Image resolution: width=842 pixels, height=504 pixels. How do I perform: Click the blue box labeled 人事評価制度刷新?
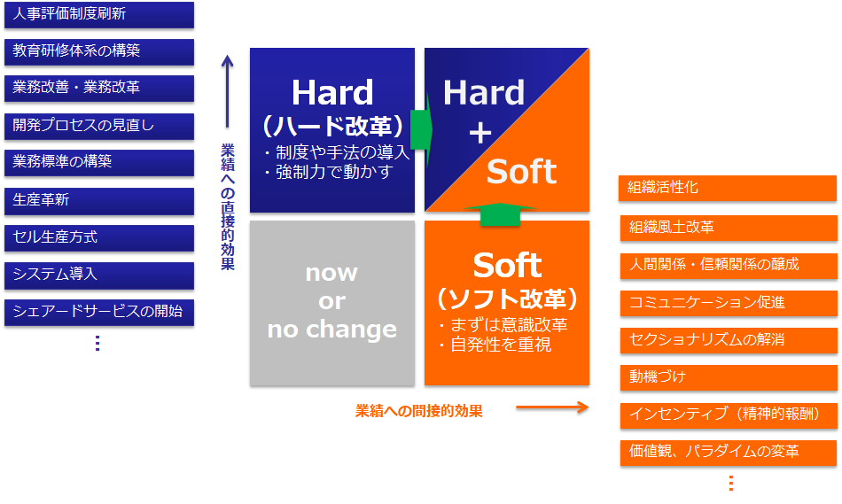coord(99,14)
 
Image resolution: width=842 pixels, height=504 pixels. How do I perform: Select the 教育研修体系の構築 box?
coord(99,51)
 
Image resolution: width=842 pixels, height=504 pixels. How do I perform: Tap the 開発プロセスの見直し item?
coord(99,126)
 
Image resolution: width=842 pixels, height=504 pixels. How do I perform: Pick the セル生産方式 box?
coord(99,237)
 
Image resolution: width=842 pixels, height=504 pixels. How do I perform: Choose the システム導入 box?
coord(99,275)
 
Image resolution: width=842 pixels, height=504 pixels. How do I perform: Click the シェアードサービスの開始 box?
coord(99,313)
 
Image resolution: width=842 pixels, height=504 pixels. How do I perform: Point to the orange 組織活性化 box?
coord(728,188)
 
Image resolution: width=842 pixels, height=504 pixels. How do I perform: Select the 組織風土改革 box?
coord(729,228)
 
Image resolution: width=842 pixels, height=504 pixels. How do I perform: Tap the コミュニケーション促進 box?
coord(729,303)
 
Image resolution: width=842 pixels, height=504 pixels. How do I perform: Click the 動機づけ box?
coord(729,377)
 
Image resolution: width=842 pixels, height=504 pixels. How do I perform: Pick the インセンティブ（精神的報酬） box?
coord(729,415)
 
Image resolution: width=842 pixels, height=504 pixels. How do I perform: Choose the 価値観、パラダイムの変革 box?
coord(729,452)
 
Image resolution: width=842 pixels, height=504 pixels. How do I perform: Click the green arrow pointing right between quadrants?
coord(422,130)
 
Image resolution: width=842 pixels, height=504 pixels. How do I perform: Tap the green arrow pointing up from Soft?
coord(500,214)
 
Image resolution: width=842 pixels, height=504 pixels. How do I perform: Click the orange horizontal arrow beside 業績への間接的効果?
coord(552,407)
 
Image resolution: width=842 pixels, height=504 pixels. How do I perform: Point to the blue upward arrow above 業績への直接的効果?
coord(228,91)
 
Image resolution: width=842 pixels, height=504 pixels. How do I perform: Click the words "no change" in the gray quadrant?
coord(331,329)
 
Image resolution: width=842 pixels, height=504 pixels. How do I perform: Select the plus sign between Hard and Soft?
coord(480,133)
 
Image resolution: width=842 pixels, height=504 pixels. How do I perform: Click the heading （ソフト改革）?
coord(507,299)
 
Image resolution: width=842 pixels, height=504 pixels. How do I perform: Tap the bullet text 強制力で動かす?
coord(334,172)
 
